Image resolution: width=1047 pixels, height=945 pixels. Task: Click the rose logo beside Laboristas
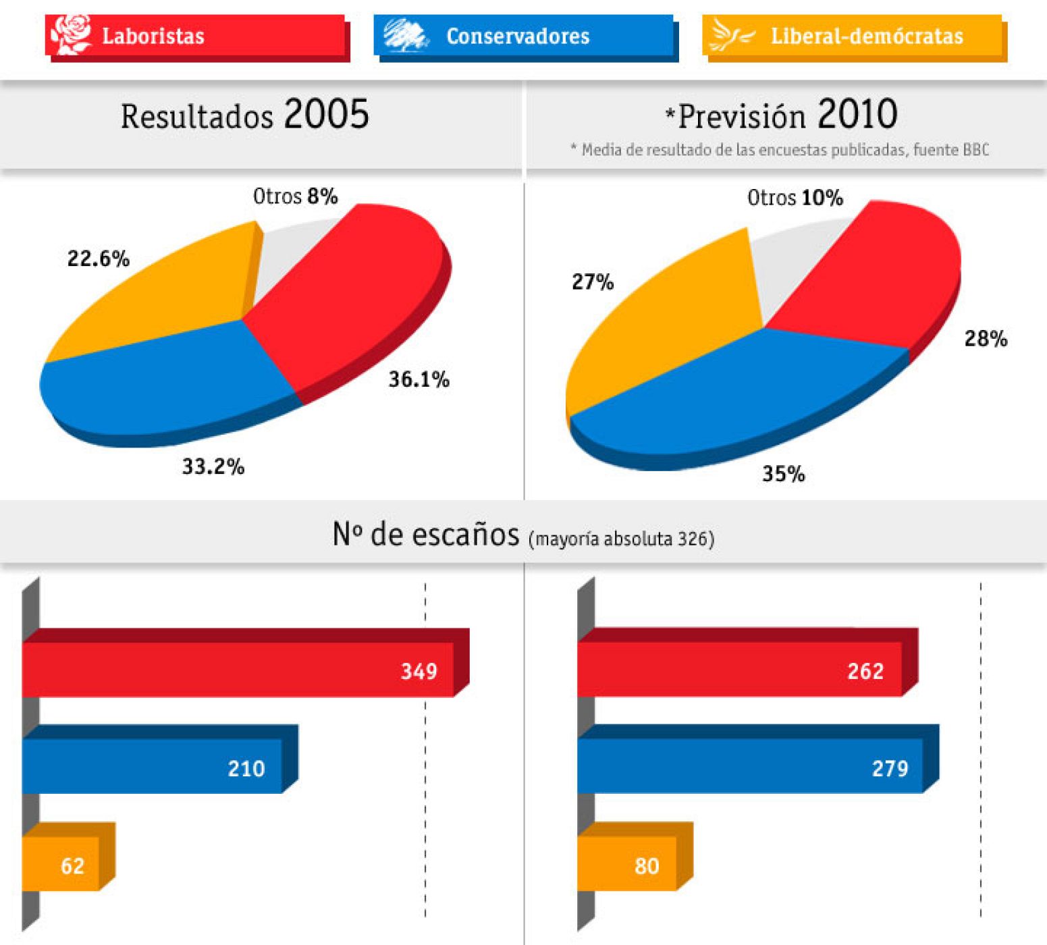pos(71,34)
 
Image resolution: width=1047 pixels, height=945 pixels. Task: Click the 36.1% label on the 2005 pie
pos(419,379)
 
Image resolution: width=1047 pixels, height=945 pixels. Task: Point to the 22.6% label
pos(99,259)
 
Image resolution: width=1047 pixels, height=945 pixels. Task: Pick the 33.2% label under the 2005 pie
pos(213,466)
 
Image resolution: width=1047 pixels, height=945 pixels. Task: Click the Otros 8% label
pos(295,196)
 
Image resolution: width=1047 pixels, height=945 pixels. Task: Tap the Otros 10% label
pos(795,198)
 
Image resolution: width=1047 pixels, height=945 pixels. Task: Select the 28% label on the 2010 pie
pos(986,338)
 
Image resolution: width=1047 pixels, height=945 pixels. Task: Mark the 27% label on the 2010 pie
pos(593,281)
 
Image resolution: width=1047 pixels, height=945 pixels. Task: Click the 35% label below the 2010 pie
pos(783,474)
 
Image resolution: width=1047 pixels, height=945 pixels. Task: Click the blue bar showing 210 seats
pos(152,766)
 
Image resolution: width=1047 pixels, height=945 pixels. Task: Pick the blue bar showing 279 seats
pos(749,766)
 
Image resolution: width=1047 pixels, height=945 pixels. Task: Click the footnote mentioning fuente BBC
pos(780,150)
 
